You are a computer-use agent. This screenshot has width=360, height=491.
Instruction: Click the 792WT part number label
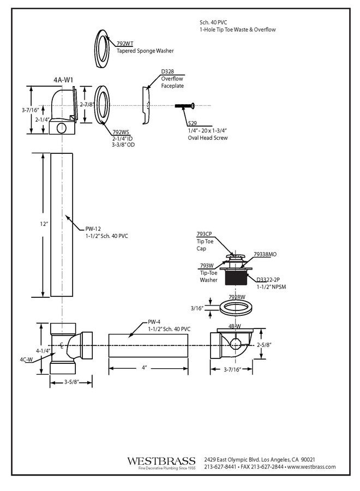coord(125,43)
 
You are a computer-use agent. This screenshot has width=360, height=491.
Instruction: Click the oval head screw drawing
coord(184,105)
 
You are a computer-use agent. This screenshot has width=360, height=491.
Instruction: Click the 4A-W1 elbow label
coord(63,80)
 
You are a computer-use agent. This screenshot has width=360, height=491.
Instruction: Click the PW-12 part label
coord(93,229)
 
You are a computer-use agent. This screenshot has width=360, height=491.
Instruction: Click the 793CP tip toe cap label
coord(205,234)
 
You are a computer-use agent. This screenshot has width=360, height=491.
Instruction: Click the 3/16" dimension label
coord(197,308)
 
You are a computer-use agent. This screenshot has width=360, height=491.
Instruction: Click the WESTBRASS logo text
coord(161,461)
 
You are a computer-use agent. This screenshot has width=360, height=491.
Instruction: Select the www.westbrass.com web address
coord(311,467)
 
